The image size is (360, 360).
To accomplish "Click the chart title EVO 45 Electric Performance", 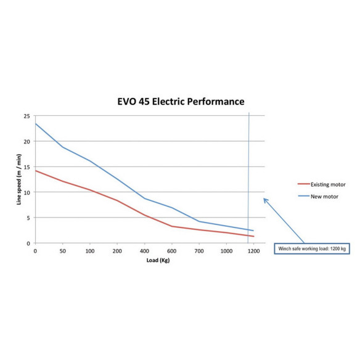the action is (x=181, y=102).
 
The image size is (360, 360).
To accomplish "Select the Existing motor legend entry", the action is (x=321, y=184).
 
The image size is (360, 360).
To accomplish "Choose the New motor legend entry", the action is (x=318, y=197).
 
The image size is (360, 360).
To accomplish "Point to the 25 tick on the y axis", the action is (x=27, y=116).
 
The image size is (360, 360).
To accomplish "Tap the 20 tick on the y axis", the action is (x=27, y=142).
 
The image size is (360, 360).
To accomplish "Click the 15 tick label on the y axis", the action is (x=27, y=167).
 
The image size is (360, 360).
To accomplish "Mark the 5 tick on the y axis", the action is (x=28, y=218).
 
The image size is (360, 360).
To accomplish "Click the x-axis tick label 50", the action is (x=63, y=251).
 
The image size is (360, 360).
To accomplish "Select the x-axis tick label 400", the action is (x=144, y=251).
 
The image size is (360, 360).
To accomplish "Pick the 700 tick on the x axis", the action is (x=199, y=251).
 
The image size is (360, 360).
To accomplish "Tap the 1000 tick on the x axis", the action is (x=226, y=251).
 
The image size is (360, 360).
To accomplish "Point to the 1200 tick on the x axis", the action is (x=254, y=251).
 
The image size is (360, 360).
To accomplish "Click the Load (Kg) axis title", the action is (x=158, y=260).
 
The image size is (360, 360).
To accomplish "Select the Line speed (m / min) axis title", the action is (x=19, y=179).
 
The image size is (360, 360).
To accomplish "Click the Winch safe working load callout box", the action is (x=312, y=248).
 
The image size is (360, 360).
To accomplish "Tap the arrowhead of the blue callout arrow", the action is (x=264, y=198).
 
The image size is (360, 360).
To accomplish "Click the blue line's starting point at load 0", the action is (x=35, y=124).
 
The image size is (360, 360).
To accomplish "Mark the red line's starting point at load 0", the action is (x=35, y=171).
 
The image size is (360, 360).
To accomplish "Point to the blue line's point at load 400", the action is (x=145, y=198).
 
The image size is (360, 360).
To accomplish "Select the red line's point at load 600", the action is (x=172, y=226).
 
